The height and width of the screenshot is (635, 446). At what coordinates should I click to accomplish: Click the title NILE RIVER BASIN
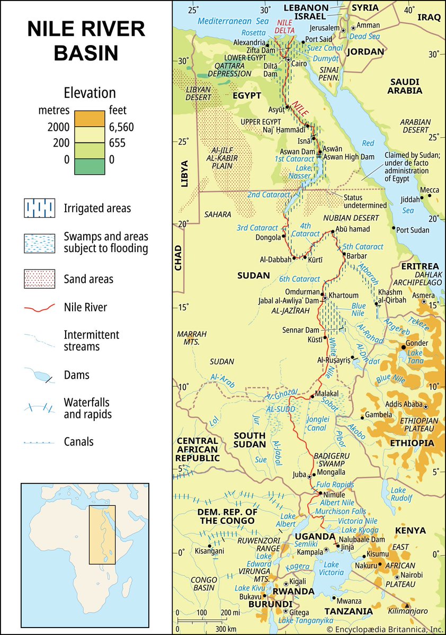86,41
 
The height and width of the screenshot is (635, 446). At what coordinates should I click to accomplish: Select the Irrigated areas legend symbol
39,208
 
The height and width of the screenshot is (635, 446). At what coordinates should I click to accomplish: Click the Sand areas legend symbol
39,279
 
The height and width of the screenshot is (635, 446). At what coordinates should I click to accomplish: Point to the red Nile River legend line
39,307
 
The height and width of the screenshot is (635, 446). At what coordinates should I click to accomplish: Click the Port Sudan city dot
395,228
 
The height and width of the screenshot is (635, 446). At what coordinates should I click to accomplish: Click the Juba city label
299,475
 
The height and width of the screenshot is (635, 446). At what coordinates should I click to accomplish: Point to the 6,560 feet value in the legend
121,127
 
